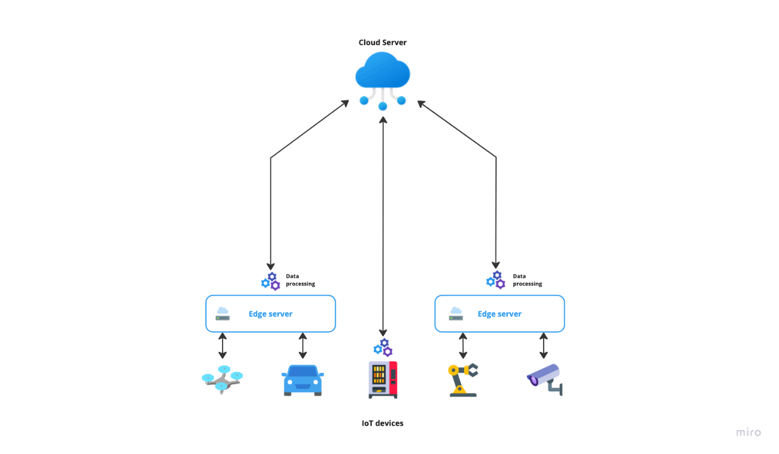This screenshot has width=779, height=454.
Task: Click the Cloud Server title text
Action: [x=383, y=42]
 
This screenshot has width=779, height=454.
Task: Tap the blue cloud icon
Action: [x=383, y=81]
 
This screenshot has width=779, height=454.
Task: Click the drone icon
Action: [x=222, y=380]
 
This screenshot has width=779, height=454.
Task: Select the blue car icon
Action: [x=303, y=380]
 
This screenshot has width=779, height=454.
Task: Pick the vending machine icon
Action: [x=383, y=380]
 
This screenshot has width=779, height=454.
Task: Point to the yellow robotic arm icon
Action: [x=463, y=380]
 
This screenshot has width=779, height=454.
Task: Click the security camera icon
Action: [x=545, y=380]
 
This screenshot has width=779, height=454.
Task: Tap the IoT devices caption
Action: [x=383, y=423]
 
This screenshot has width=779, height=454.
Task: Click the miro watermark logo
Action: [x=748, y=432]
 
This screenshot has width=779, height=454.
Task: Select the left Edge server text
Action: [x=270, y=314]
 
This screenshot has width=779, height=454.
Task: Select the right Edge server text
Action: [x=500, y=314]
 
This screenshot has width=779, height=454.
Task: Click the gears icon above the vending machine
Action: [x=383, y=347]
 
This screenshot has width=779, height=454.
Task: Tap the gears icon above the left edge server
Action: [x=270, y=281]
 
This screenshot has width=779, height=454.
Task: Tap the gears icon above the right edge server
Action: [x=496, y=280]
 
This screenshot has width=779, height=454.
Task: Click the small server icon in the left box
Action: [x=223, y=313]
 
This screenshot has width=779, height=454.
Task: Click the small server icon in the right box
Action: [x=456, y=313]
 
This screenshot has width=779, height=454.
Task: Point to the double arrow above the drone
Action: [x=223, y=346]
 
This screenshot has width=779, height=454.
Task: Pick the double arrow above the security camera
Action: [x=544, y=346]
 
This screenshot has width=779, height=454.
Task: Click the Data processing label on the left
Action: [x=300, y=280]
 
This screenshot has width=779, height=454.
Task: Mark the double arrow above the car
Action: [x=303, y=346]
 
